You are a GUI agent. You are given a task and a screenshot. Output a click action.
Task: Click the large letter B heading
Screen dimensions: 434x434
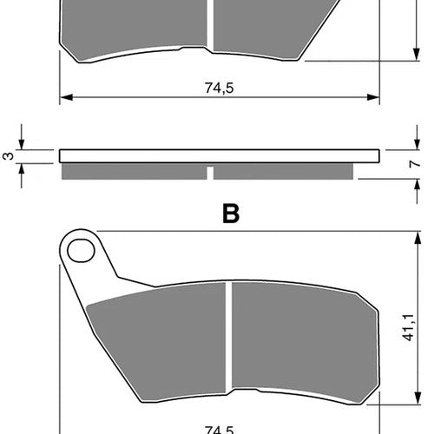coord(231,214)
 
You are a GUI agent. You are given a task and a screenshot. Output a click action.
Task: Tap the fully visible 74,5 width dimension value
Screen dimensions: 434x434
coord(219,88)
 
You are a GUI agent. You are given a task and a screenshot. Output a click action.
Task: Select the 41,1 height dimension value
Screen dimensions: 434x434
coord(408,327)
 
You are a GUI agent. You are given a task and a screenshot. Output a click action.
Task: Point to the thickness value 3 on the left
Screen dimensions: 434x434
coord(9,156)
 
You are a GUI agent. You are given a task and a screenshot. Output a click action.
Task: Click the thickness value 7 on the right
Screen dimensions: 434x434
coord(415,164)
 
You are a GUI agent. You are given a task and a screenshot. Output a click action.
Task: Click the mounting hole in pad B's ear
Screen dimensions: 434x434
coord(81,251)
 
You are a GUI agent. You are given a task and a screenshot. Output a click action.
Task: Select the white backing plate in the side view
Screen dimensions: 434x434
coord(220,156)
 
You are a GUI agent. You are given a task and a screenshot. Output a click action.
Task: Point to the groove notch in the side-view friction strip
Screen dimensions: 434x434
coord(210,173)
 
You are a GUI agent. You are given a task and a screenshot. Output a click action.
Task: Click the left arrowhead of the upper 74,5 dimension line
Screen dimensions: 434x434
coord(66,97)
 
